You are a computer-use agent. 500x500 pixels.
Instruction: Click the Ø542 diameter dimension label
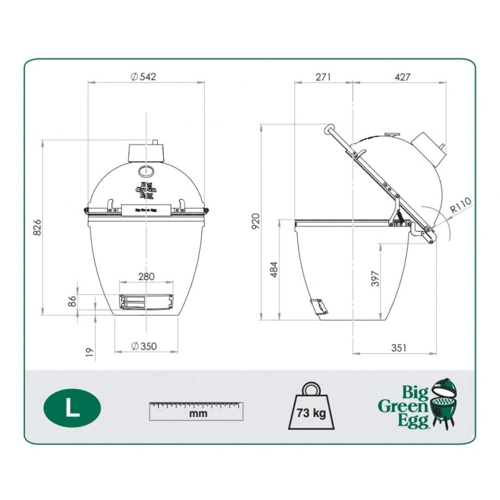(143, 77)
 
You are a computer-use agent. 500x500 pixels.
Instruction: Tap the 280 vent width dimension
(146, 276)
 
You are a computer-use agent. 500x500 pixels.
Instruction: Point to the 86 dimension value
(72, 301)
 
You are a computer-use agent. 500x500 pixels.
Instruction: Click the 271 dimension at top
(323, 77)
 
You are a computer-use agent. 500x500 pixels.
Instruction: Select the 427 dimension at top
(402, 77)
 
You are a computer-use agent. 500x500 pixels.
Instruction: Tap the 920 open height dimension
(255, 220)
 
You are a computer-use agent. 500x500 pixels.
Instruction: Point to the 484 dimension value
(274, 270)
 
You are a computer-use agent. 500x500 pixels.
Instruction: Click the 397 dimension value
(375, 278)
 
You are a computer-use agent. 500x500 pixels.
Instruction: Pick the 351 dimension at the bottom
(398, 347)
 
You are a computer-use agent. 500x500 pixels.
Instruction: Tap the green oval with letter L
(72, 408)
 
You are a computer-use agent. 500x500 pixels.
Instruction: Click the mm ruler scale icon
(196, 410)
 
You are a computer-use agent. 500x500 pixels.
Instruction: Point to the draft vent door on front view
(146, 301)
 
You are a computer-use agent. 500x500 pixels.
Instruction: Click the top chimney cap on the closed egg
(146, 151)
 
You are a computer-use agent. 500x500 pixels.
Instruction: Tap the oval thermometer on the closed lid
(146, 171)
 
